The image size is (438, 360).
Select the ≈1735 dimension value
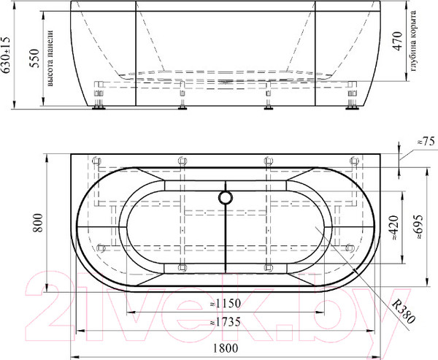(x=225, y=321)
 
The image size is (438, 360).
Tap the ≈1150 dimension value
(x=225, y=303)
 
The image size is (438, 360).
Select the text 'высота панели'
(x=50, y=62)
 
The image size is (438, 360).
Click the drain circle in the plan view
(x=226, y=197)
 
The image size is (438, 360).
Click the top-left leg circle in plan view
(x=99, y=162)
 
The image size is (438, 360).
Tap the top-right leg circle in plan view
(x=351, y=162)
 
